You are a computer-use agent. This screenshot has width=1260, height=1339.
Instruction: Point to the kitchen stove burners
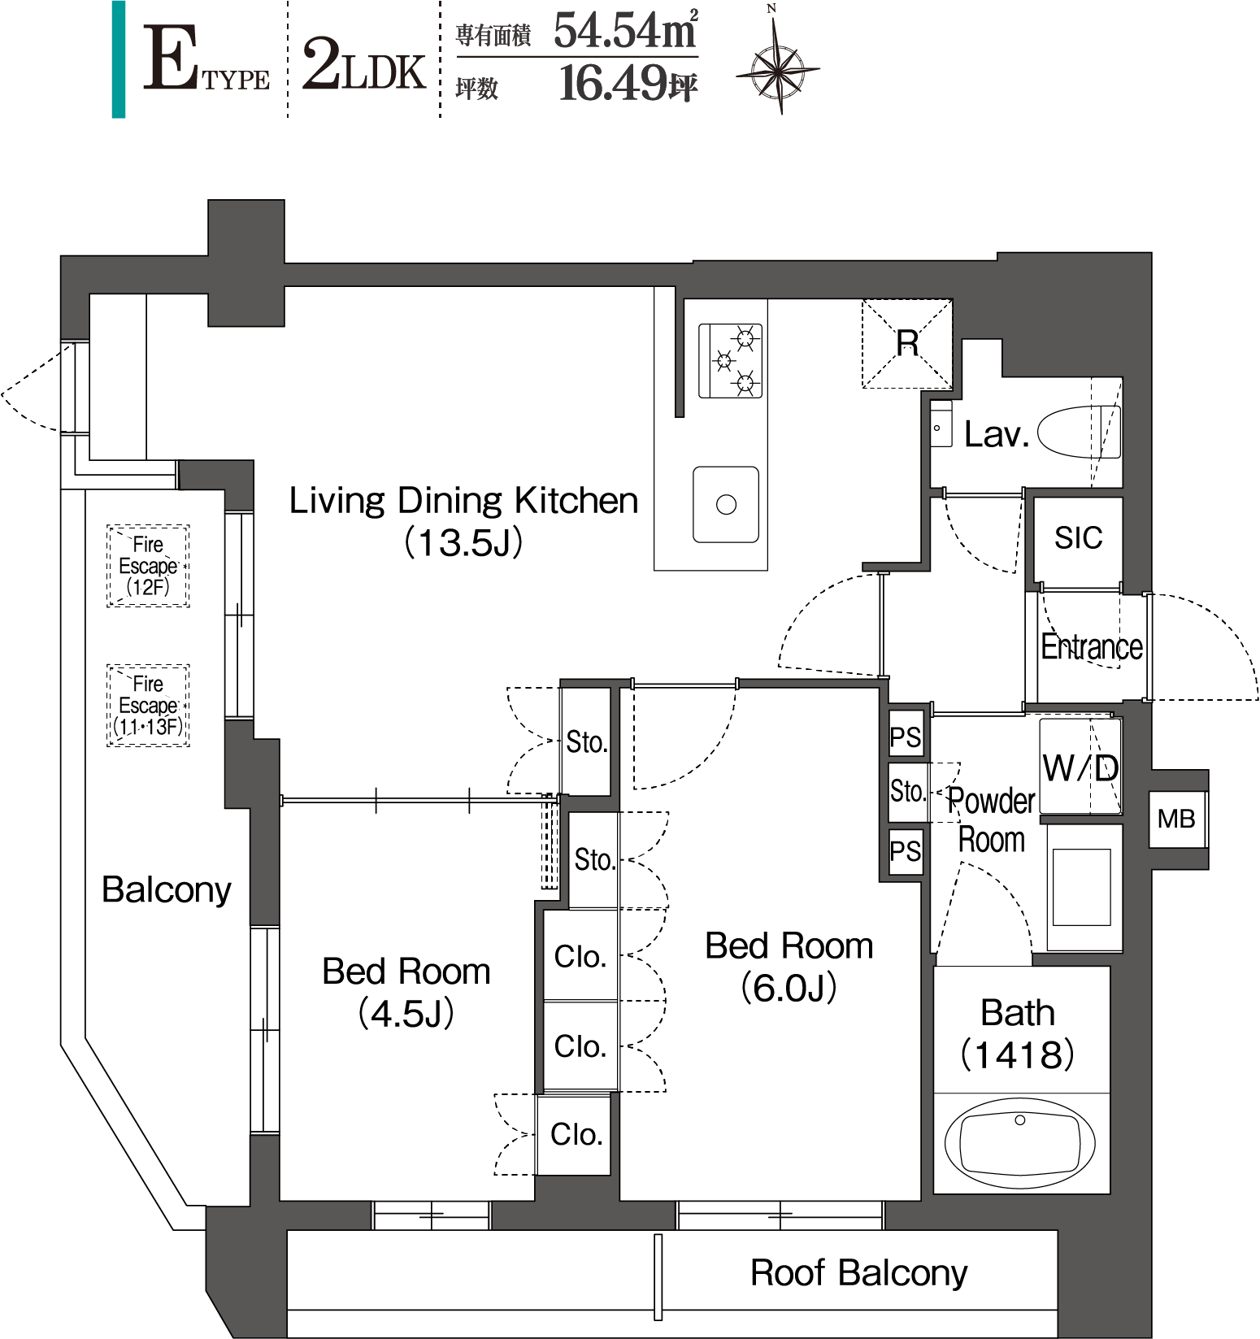(x=731, y=360)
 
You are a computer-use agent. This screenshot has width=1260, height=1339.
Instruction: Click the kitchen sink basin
(x=726, y=504)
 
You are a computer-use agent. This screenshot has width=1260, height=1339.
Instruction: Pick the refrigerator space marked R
(x=906, y=343)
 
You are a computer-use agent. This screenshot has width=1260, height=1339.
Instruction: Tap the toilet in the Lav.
(x=1079, y=432)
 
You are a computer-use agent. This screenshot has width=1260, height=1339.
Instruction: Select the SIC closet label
(x=1078, y=537)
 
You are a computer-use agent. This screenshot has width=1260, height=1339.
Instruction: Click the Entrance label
(x=1092, y=647)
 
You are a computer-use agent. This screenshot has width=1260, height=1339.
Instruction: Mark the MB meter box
(x=1177, y=819)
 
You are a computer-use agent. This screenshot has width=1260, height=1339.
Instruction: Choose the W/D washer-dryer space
(x=1080, y=767)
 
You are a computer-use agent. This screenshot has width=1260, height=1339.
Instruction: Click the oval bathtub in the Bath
(x=1019, y=1142)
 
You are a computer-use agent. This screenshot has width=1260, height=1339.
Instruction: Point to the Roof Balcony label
(x=858, y=1272)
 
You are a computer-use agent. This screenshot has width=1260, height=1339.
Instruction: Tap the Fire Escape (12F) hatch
(x=148, y=566)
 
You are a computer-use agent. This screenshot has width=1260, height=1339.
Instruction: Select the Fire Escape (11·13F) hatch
(x=148, y=706)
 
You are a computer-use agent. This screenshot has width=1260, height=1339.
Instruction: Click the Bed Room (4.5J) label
(x=406, y=992)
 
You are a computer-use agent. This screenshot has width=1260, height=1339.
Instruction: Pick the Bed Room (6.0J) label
(x=789, y=967)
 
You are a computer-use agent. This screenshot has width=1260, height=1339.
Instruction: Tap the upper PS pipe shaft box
(x=906, y=737)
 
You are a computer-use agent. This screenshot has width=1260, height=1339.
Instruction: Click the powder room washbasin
(x=1081, y=887)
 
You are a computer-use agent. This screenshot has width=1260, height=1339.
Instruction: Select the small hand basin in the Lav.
(x=941, y=424)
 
